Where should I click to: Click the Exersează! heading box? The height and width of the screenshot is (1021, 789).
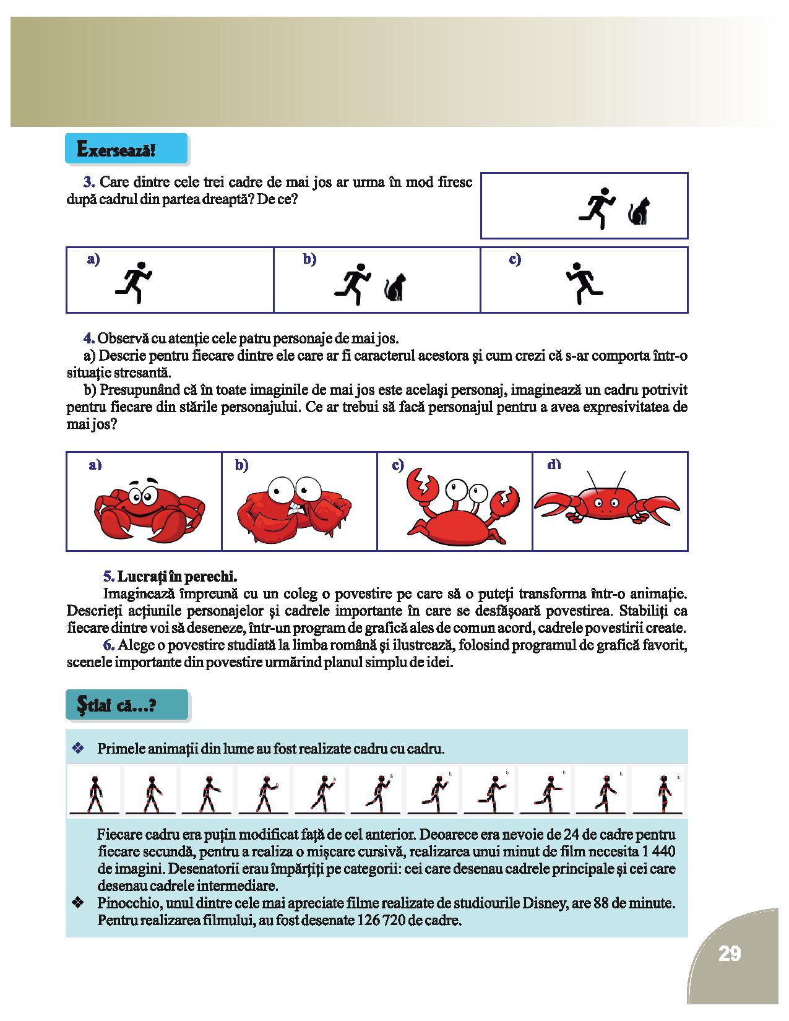pos(126,150)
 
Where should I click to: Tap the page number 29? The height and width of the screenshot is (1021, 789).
pos(730,954)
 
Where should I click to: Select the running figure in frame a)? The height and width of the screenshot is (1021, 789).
pos(134,282)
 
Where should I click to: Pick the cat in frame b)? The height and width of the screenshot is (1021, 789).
pos(395,288)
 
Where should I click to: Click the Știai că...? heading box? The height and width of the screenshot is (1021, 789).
pos(126,705)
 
